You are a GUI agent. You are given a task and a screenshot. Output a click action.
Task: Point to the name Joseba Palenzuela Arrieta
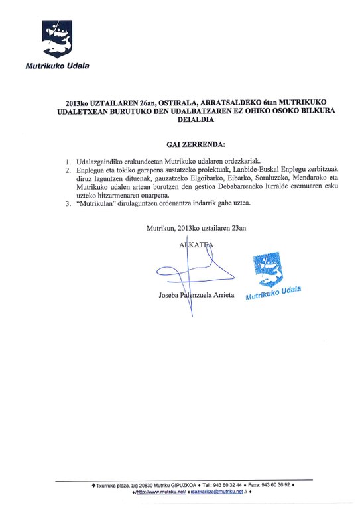click(197, 294)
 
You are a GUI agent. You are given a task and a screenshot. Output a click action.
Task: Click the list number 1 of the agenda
click(68, 161)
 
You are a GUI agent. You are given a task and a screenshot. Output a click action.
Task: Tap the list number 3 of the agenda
click(68, 203)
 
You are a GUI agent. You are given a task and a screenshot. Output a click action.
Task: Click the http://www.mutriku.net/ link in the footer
click(160, 493)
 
